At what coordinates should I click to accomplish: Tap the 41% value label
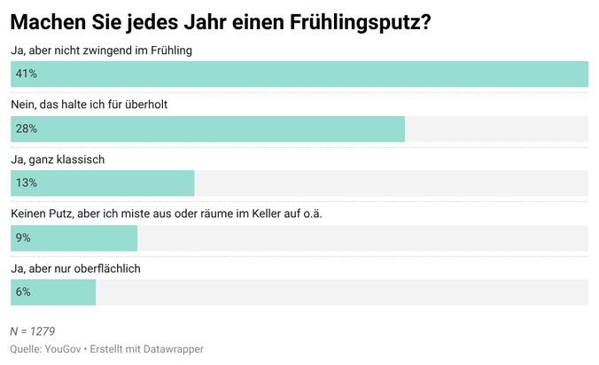pyautogui.click(x=26, y=74)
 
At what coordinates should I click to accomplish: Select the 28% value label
pyautogui.click(x=26, y=129)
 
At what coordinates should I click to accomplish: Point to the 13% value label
pyautogui.click(x=26, y=183)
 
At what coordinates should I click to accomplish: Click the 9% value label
pyautogui.click(x=23, y=238)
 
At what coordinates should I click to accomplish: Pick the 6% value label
pyautogui.click(x=23, y=292)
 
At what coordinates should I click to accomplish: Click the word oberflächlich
pyautogui.click(x=108, y=268)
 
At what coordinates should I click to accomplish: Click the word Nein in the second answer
pyautogui.click(x=24, y=105)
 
